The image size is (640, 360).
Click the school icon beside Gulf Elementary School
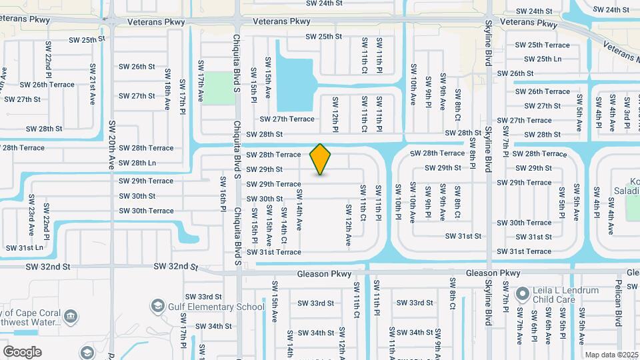(158, 306)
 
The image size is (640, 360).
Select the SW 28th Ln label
(138, 163)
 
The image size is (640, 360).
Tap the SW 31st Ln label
(25, 247)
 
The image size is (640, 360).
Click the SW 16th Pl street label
(224, 199)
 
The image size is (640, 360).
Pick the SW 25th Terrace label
(543, 45)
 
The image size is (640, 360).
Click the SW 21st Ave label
(91, 85)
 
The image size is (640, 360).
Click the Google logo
(22, 351)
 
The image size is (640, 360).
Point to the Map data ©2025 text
(611, 355)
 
